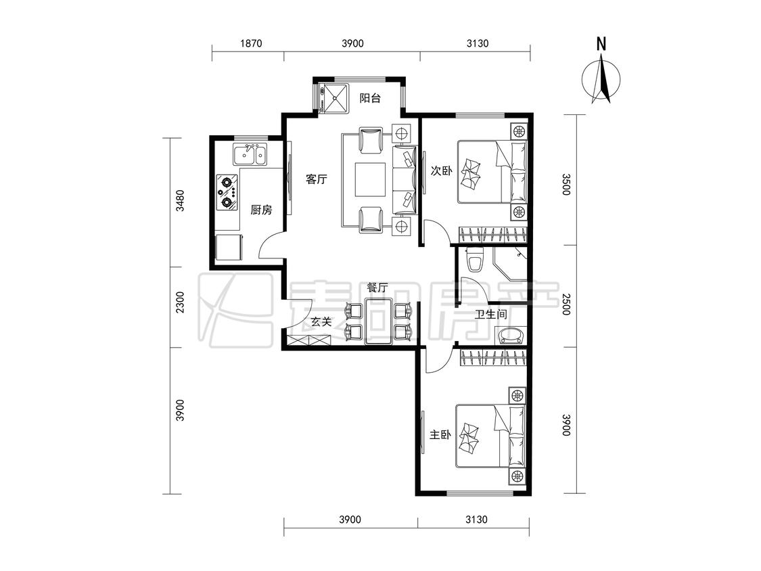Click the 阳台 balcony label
[370, 99]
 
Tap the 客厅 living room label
[317, 179]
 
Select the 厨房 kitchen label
[261, 210]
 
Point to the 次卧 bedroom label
[442, 171]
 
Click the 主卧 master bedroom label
[440, 434]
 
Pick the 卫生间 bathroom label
[490, 315]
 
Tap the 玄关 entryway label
[321, 321]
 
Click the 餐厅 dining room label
[377, 288]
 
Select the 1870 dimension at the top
[251, 44]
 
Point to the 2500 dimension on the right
[566, 304]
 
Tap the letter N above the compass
[602, 44]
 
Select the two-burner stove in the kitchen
[227, 192]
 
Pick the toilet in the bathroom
[474, 260]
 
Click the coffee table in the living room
[370, 180]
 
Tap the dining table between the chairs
[379, 322]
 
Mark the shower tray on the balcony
[334, 98]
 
